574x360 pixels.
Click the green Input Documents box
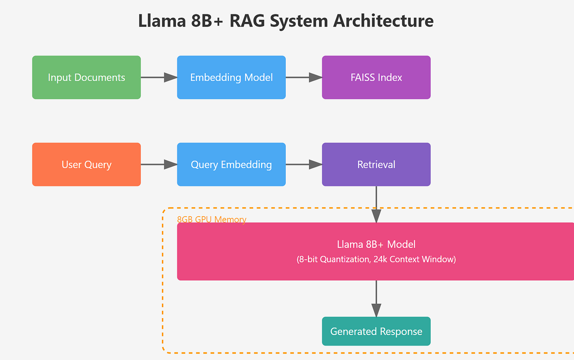[86, 77]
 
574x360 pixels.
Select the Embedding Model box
[231, 77]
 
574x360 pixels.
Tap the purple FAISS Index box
[376, 77]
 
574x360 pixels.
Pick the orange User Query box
[86, 165]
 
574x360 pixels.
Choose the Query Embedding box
[231, 165]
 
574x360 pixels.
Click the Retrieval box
[376, 165]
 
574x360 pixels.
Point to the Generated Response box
[376, 331]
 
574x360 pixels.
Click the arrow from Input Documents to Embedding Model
[159, 77]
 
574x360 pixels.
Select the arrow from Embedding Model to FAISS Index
[304, 77]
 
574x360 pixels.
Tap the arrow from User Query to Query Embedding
[159, 165]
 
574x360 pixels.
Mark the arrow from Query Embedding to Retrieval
[304, 165]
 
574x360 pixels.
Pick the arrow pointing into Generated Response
[376, 299]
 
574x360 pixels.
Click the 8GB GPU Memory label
[211, 219]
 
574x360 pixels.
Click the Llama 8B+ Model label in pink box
[376, 244]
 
